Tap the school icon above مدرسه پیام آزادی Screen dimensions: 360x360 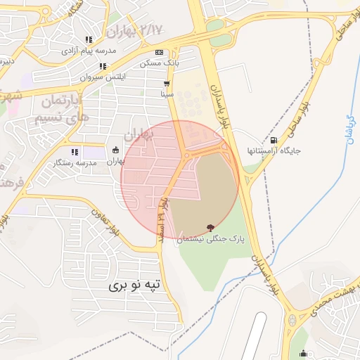tap(88, 40)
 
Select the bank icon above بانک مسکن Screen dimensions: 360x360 tap(159, 52)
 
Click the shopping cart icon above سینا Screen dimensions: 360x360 tap(167, 82)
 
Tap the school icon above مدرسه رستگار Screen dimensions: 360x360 tap(74, 151)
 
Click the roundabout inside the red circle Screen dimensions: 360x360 tap(187, 155)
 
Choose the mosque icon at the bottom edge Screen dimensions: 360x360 tap(303, 353)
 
